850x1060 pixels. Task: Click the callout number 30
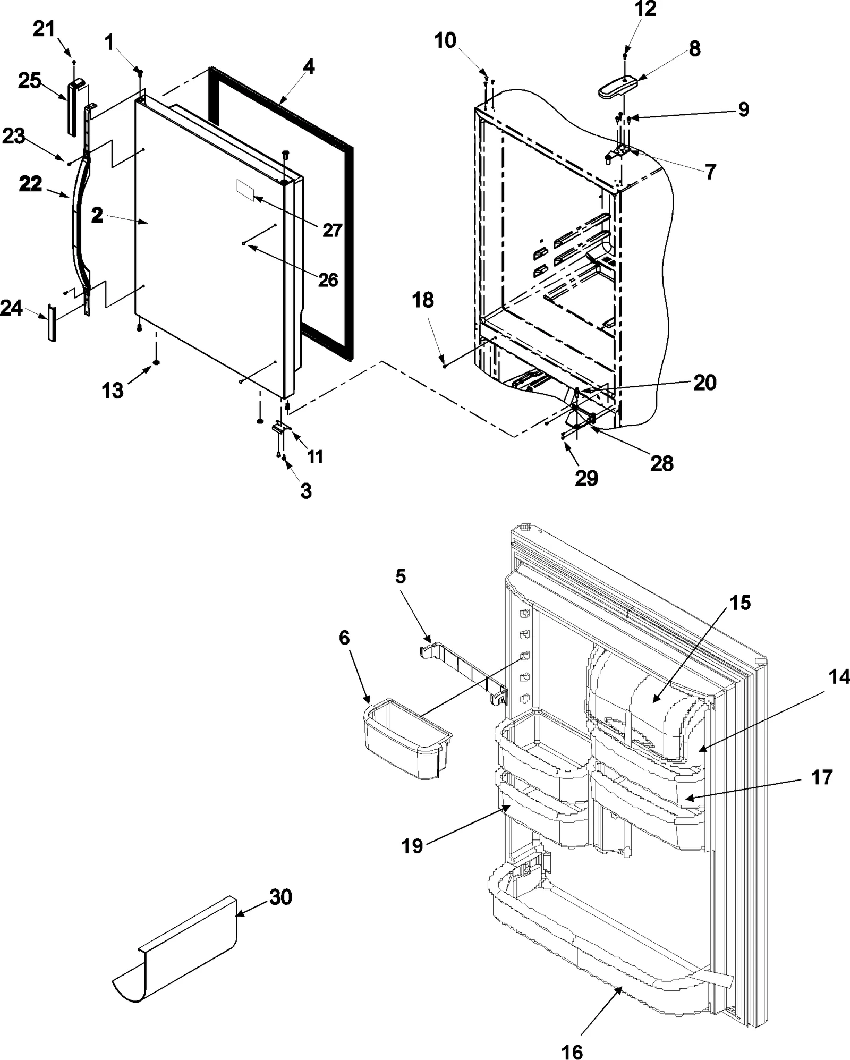pyautogui.click(x=280, y=897)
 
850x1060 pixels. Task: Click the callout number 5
pyautogui.click(x=401, y=576)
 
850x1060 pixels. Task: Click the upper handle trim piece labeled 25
pyautogui.click(x=74, y=106)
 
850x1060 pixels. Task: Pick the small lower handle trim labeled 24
pyautogui.click(x=52, y=323)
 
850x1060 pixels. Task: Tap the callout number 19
pyautogui.click(x=412, y=846)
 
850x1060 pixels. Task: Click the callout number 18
pyautogui.click(x=423, y=300)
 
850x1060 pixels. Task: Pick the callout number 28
pyautogui.click(x=662, y=463)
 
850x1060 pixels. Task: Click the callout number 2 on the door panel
pyautogui.click(x=97, y=216)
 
